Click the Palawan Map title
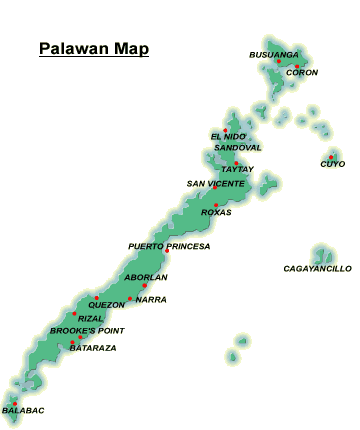click(93, 47)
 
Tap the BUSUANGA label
click(274, 54)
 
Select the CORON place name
click(301, 73)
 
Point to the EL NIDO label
click(228, 136)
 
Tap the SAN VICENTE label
click(214, 183)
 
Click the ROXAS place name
click(216, 212)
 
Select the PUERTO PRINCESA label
click(169, 245)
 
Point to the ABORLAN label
click(145, 277)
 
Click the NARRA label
click(151, 299)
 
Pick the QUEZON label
click(106, 305)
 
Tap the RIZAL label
click(90, 318)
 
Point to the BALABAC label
click(23, 411)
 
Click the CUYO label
click(333, 163)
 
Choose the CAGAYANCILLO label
click(318, 268)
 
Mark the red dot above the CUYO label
click(331, 155)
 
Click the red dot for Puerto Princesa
click(166, 252)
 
